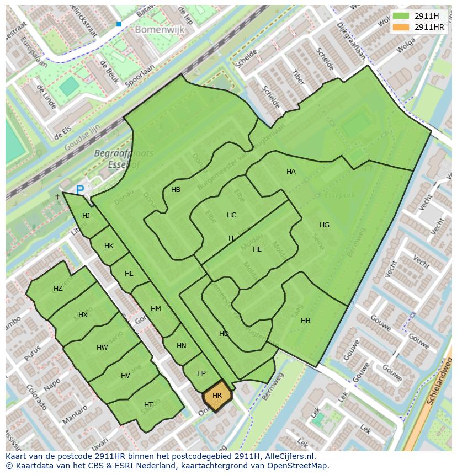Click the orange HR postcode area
[x=217, y=396]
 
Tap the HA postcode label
[x=291, y=172]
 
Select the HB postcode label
[x=176, y=190]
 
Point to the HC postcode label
[x=231, y=215]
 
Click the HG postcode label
[x=324, y=225]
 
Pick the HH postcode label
[x=305, y=321]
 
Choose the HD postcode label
[x=224, y=334]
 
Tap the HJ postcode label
[x=86, y=216]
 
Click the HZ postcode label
[x=58, y=289]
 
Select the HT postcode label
[x=148, y=405]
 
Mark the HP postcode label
[x=201, y=373]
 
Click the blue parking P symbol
[x=80, y=190]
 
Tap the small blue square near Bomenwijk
[x=119, y=24]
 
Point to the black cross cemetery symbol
[x=57, y=196]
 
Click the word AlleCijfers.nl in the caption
[x=288, y=456]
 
